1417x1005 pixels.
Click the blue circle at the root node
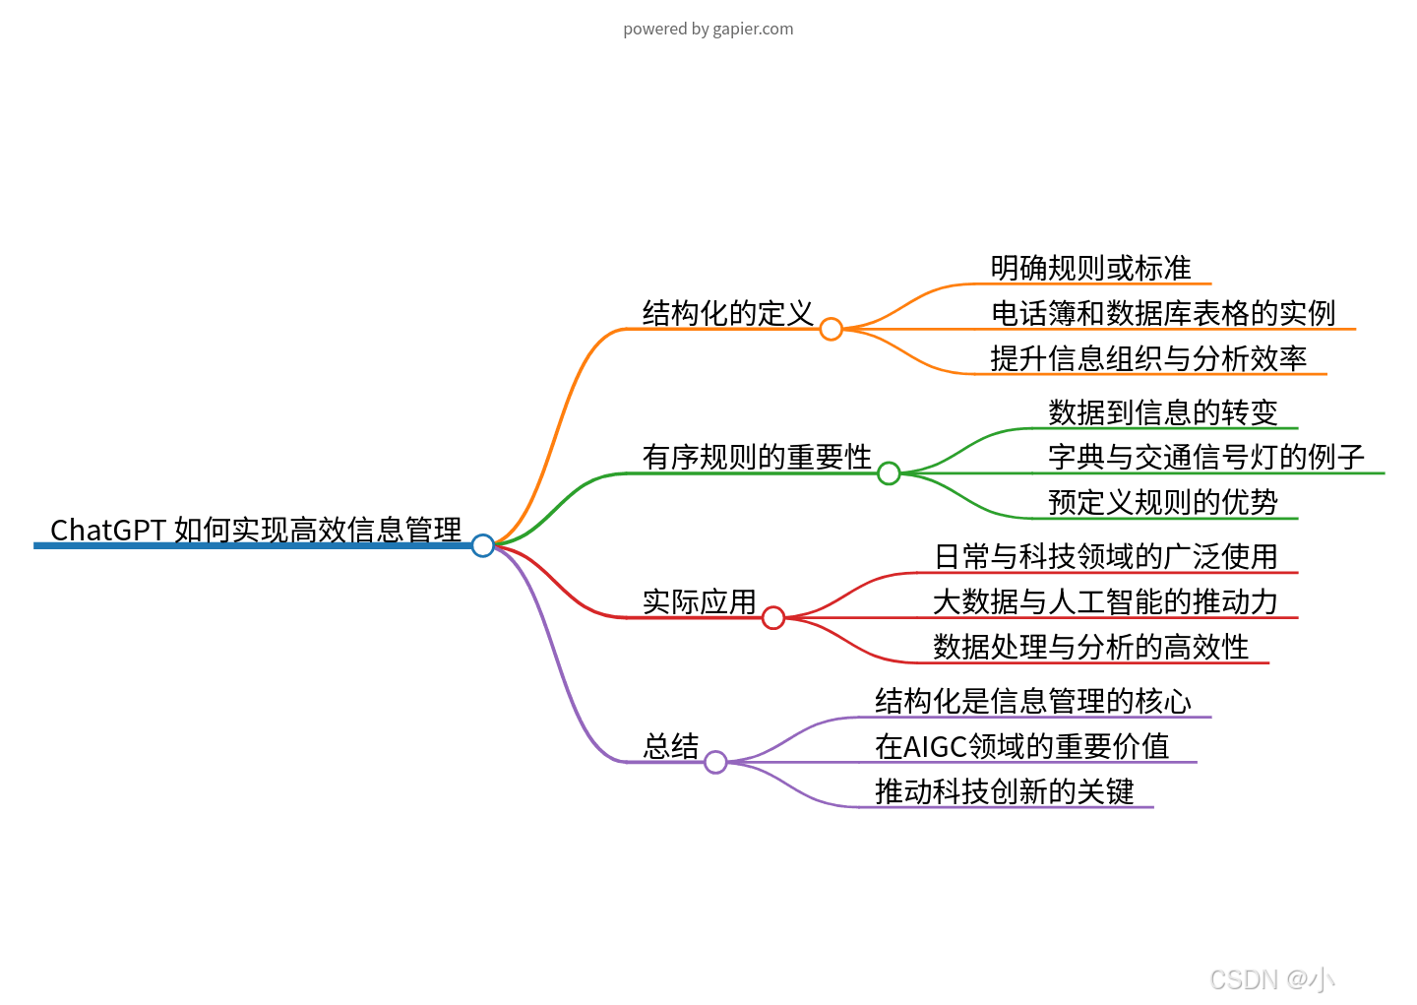click(x=482, y=545)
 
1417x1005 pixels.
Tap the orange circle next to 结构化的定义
click(x=831, y=329)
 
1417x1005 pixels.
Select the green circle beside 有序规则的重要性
click(x=889, y=473)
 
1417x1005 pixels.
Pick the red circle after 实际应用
click(x=773, y=617)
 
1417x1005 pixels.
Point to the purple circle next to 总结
click(x=715, y=762)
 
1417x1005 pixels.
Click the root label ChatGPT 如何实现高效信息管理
click(x=256, y=530)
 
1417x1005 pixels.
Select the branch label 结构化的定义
click(x=728, y=313)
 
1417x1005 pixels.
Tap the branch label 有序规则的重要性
click(x=757, y=457)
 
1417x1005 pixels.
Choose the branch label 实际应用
click(x=699, y=601)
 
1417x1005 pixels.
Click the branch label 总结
click(x=671, y=746)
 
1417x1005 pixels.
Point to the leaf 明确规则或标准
click(x=1090, y=268)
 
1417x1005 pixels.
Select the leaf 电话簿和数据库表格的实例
click(x=1163, y=313)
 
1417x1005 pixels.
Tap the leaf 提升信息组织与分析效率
click(x=1148, y=358)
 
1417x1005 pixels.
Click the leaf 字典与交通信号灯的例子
click(x=1206, y=457)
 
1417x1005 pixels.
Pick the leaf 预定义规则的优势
click(x=1163, y=502)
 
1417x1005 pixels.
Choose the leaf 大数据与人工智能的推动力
click(x=1105, y=601)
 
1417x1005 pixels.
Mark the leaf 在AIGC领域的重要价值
click(x=1022, y=746)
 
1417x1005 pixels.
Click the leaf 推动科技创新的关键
click(x=1004, y=791)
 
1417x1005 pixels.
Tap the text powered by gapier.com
click(x=708, y=29)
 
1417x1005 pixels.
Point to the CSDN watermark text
click(x=1272, y=979)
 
